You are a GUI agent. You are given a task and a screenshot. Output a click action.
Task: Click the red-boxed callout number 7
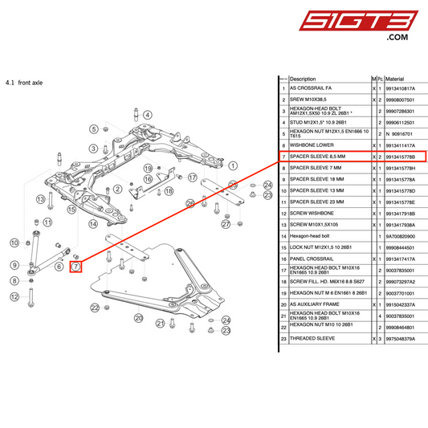[76, 266]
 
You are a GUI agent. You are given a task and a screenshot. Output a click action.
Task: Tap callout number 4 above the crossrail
[149, 113]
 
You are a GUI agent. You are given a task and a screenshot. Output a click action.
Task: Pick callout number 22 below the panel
[95, 308]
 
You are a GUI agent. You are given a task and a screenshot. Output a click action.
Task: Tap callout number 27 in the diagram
[226, 225]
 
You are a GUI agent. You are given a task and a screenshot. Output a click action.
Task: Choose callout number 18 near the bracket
[169, 191]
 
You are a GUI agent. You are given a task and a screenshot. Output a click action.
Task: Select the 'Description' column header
[305, 79]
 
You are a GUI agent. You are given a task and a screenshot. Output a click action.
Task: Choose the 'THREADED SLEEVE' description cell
[315, 340]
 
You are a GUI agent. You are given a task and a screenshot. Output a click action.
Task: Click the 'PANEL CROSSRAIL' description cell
[313, 259]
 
